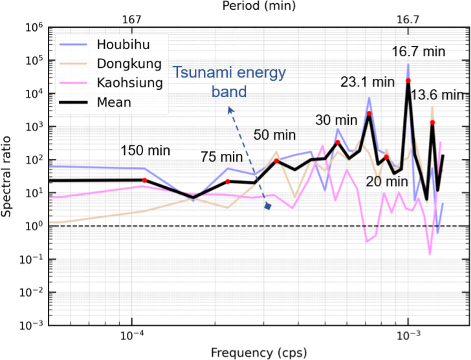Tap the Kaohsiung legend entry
127,83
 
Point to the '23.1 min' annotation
367,82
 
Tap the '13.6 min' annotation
437,96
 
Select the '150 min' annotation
146,151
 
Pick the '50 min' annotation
274,135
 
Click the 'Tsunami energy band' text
230,82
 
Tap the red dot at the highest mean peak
408,80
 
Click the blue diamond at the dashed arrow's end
267,207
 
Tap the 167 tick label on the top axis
131,20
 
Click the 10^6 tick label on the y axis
34,28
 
